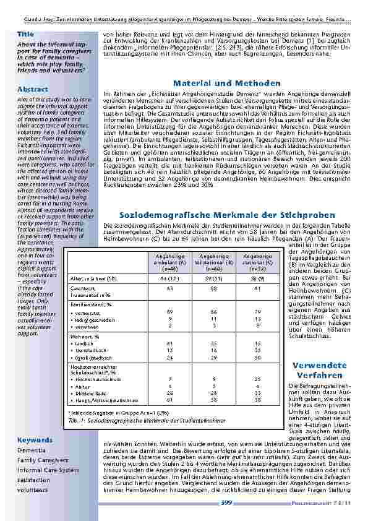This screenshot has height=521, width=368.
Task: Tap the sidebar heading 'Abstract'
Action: click(x=33, y=90)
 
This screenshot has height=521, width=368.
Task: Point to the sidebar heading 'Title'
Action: click(x=25, y=33)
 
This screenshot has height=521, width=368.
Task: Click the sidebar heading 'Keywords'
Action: click(x=35, y=440)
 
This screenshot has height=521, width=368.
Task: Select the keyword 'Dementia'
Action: click(x=31, y=450)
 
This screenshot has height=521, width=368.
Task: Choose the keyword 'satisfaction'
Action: click(x=33, y=480)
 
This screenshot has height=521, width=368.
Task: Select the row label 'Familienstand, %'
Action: click(x=90, y=304)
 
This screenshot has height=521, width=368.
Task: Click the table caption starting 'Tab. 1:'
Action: click(x=147, y=420)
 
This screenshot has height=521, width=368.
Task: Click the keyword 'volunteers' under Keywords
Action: click(x=32, y=489)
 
